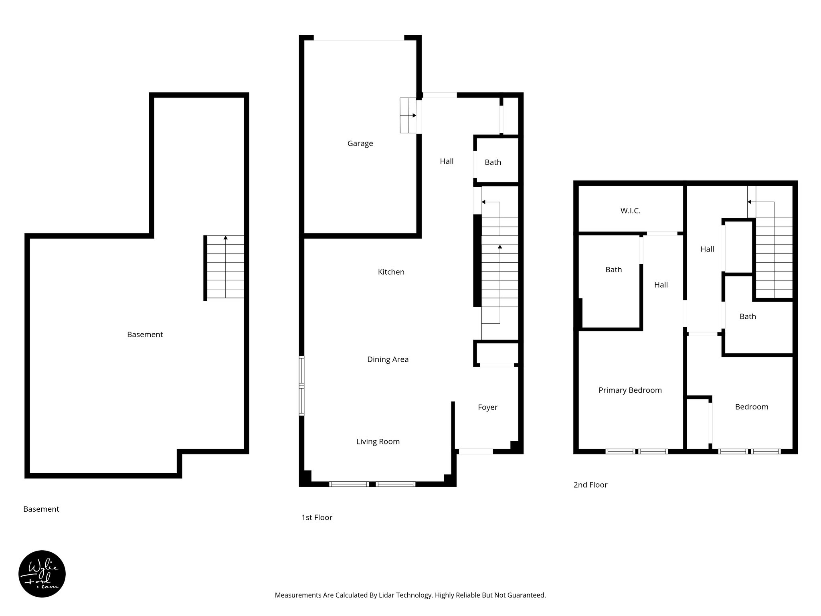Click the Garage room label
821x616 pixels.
pyautogui.click(x=360, y=143)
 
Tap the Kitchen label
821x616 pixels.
pyautogui.click(x=391, y=272)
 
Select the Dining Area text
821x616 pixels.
pyautogui.click(x=388, y=359)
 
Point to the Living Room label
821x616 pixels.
pyautogui.click(x=378, y=442)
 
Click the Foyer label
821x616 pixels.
pyautogui.click(x=487, y=407)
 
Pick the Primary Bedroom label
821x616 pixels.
pyautogui.click(x=630, y=390)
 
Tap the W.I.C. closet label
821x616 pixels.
pyautogui.click(x=630, y=211)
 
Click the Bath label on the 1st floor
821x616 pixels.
pyautogui.click(x=493, y=162)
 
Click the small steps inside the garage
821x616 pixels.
pyautogui.click(x=408, y=115)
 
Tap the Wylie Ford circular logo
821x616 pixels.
pyautogui.click(x=42, y=573)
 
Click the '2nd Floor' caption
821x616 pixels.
pyautogui.click(x=590, y=485)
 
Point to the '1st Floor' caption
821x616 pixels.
pyautogui.click(x=317, y=517)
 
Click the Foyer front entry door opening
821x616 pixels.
pyautogui.click(x=475, y=452)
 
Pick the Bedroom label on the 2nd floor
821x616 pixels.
pyautogui.click(x=751, y=407)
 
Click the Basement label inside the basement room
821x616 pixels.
pyautogui.click(x=145, y=334)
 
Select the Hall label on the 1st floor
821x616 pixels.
pyautogui.click(x=447, y=161)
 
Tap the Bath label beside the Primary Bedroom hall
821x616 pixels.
pyautogui.click(x=613, y=269)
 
